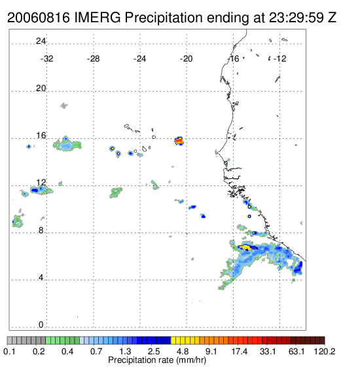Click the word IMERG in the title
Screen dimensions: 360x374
(x=98, y=18)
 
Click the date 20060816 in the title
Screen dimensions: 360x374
(x=39, y=18)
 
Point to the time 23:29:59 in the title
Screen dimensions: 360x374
(x=297, y=18)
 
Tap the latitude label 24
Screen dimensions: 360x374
(x=41, y=41)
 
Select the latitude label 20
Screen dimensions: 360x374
(x=41, y=88)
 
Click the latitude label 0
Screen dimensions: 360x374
(x=41, y=325)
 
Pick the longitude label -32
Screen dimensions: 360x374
(x=46, y=59)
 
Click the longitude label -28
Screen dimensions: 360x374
(x=93, y=59)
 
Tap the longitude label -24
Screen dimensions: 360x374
(x=139, y=59)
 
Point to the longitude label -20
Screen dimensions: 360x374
(x=186, y=59)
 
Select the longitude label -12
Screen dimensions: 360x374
(x=279, y=59)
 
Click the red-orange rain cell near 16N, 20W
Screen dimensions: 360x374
(x=179, y=141)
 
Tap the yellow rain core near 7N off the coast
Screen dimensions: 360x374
(x=245, y=247)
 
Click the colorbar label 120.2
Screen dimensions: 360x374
(x=325, y=351)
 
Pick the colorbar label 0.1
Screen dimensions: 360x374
(x=9, y=351)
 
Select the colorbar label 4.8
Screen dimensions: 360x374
(x=183, y=351)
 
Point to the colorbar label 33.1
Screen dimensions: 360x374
(x=268, y=351)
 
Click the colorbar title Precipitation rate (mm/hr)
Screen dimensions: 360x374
(x=157, y=360)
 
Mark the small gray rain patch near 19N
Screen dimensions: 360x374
(x=63, y=105)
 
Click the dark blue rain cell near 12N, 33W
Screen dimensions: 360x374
(x=35, y=190)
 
